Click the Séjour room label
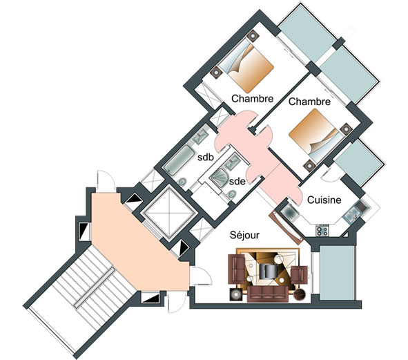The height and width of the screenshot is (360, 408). [244, 235]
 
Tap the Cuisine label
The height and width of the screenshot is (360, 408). [324, 200]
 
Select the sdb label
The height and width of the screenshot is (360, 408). [206, 157]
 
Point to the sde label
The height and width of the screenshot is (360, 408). [237, 181]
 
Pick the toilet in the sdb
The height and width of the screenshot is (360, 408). [183, 181]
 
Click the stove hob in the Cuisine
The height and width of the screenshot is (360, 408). [322, 231]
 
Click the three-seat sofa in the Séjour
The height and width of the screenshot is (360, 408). [268, 294]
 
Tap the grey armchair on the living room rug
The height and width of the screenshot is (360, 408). [268, 271]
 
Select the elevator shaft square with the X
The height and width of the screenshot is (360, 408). [169, 211]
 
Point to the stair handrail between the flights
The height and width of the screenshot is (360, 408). [95, 287]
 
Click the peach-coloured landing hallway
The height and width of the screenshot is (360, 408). [138, 245]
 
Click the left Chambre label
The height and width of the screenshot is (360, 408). [253, 99]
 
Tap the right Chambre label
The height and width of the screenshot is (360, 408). [309, 102]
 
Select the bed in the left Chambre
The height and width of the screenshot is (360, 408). [246, 64]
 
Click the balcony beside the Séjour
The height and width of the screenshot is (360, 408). [337, 272]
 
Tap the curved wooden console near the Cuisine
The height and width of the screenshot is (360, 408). [286, 226]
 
